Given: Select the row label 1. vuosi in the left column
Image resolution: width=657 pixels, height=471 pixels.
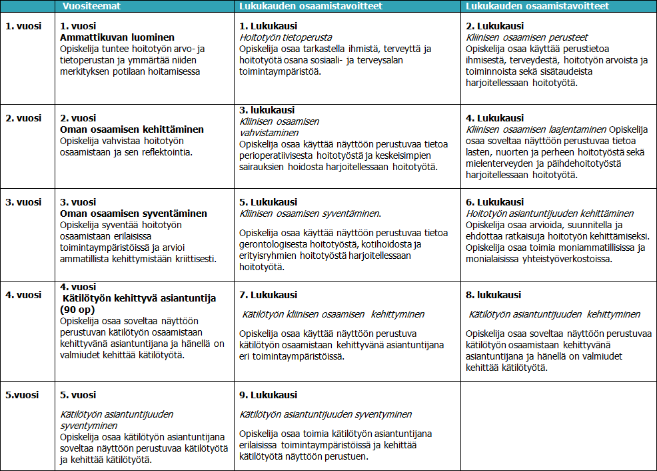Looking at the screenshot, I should [x=23, y=26].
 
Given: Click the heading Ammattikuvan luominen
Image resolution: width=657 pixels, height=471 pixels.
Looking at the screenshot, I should [x=117, y=37].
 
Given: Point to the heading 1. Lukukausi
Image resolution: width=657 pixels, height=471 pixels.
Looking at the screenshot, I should [x=269, y=26].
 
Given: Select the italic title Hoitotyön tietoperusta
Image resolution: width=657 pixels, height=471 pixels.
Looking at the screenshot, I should [x=286, y=37].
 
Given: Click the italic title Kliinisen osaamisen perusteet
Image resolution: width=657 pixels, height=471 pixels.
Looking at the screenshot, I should [x=527, y=37].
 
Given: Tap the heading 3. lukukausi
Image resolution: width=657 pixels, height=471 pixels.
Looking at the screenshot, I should [x=267, y=110].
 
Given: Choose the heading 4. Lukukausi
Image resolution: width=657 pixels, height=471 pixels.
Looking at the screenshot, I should [x=495, y=118].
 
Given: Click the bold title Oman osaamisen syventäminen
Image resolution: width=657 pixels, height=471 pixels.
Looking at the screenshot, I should [x=133, y=213].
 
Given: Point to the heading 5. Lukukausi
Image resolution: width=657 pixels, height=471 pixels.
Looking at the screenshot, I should [x=269, y=202].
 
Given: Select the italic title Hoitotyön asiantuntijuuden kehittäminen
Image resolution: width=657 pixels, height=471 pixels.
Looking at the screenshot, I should [x=550, y=213].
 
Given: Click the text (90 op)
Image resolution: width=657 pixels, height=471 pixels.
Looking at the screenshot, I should [x=77, y=310].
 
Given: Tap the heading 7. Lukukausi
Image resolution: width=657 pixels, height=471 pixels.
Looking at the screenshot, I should [x=269, y=295].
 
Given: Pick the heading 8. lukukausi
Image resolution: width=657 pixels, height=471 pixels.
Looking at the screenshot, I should [x=494, y=295].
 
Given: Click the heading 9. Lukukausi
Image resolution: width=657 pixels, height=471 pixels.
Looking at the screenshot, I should [x=269, y=395].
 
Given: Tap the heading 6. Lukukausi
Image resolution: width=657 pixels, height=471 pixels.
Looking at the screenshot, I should [x=495, y=202].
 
